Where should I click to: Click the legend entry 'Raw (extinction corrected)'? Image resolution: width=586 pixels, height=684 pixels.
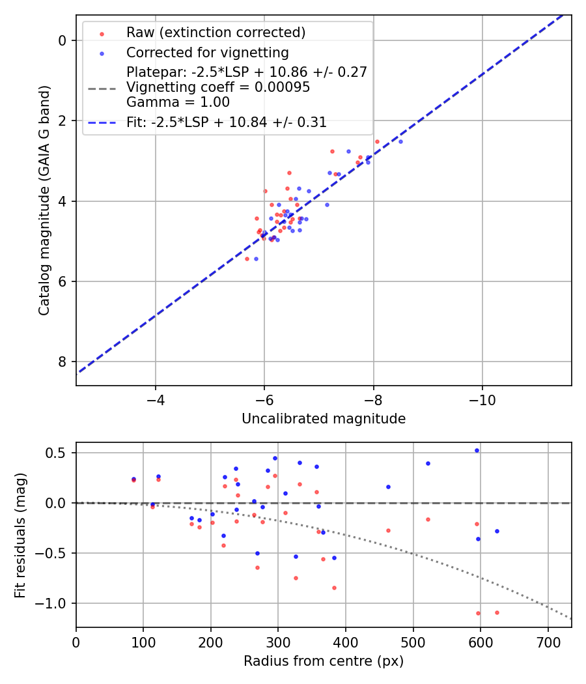click(x=216, y=33)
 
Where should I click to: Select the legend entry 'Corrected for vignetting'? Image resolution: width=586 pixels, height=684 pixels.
click(x=207, y=52)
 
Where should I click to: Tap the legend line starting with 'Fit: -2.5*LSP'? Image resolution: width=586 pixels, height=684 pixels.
click(x=227, y=122)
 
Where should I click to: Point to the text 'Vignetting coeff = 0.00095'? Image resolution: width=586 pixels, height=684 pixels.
click(x=218, y=87)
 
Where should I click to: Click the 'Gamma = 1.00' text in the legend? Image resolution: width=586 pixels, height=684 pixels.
click(x=178, y=102)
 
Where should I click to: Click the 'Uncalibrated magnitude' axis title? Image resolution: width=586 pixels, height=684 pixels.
click(x=324, y=419)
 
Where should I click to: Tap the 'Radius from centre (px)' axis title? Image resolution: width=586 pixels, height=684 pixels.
click(x=324, y=661)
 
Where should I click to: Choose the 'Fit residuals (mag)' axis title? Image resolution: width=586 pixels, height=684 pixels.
click(x=21, y=535)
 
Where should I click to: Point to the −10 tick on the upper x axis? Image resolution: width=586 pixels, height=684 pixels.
click(x=482, y=398)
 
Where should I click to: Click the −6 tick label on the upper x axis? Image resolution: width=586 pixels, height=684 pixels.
click(x=264, y=398)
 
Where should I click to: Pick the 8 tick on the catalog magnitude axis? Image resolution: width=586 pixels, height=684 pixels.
click(x=63, y=362)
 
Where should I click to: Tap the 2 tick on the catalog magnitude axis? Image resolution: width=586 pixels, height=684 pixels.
click(x=63, y=121)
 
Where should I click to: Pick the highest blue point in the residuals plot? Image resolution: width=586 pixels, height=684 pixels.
click(x=477, y=450)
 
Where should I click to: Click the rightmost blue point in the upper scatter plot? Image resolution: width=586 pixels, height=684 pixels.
click(x=400, y=141)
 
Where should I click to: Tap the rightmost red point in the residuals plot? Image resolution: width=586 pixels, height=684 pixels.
click(x=497, y=612)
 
